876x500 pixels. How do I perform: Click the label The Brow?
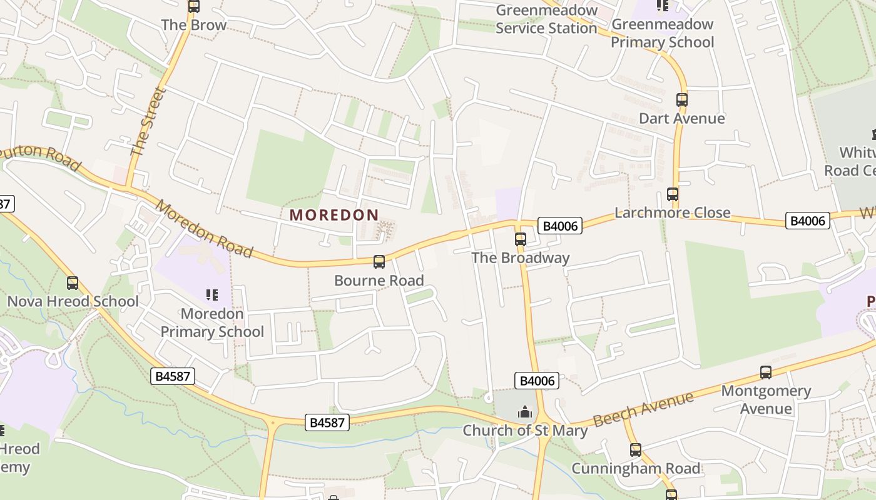pyautogui.click(x=193, y=26)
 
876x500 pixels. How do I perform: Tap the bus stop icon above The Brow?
pyautogui.click(x=194, y=7)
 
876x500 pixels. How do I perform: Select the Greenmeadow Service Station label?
pyautogui.click(x=546, y=19)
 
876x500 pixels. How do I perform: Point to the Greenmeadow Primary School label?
pyautogui.click(x=662, y=33)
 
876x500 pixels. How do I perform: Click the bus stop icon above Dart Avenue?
pyautogui.click(x=682, y=100)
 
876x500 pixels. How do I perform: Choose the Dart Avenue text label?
pyautogui.click(x=682, y=119)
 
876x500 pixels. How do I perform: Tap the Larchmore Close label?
pyautogui.click(x=672, y=212)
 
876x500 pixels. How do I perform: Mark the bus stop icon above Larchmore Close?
pyautogui.click(x=673, y=194)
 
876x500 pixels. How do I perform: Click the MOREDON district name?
pyautogui.click(x=334, y=215)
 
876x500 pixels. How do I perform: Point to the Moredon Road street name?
pyautogui.click(x=205, y=229)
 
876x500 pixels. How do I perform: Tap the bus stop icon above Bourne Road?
pyautogui.click(x=379, y=262)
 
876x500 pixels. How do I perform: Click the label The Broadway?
pyautogui.click(x=521, y=257)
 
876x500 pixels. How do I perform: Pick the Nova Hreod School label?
pyautogui.click(x=73, y=301)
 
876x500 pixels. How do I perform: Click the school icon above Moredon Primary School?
pyautogui.click(x=211, y=294)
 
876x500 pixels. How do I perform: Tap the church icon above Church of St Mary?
pyautogui.click(x=524, y=412)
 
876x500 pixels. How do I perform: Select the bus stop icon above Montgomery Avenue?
pyautogui.click(x=766, y=372)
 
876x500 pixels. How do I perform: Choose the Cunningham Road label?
pyautogui.click(x=636, y=468)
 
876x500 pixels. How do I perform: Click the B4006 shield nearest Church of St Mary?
pyautogui.click(x=536, y=381)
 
